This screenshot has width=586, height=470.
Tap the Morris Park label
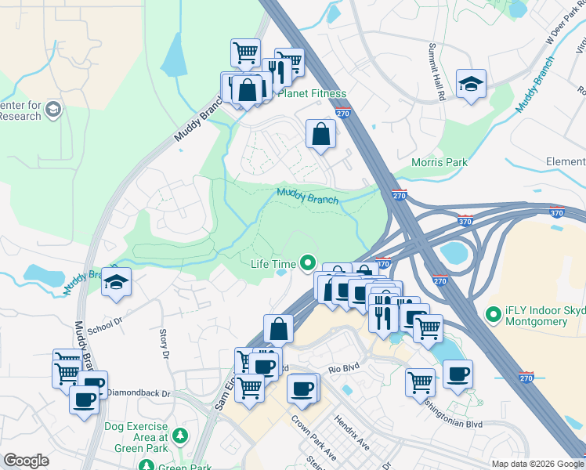coord(439,162)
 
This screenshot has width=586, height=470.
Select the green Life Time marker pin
coord(308,264)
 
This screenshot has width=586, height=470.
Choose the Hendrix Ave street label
coord(352,432)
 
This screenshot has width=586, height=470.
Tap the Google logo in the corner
coord(26,461)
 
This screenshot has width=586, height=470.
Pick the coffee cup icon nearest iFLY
coord(458,373)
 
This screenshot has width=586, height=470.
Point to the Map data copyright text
coord(537,464)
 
